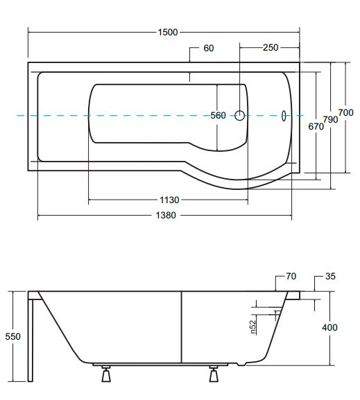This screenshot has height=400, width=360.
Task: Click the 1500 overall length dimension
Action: pyautogui.click(x=167, y=33)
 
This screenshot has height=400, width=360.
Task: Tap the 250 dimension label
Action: pyautogui.click(x=271, y=47)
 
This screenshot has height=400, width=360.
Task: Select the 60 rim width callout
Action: pyautogui.click(x=209, y=48)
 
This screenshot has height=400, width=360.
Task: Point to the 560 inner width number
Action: pyautogui.click(x=218, y=116)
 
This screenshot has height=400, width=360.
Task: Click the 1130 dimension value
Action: pyautogui.click(x=169, y=200)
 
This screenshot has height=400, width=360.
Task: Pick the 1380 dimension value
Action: pyautogui.click(x=166, y=216)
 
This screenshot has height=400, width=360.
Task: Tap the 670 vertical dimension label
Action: pyautogui.click(x=316, y=126)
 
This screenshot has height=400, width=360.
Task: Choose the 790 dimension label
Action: pyautogui.click(x=330, y=119)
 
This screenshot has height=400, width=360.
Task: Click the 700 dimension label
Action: pyautogui.click(x=345, y=112)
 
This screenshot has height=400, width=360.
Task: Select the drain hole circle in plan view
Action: pyautogui.click(x=239, y=116)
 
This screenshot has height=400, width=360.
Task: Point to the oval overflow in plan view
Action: pyautogui.click(x=284, y=116)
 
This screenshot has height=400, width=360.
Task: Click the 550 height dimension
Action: pyautogui.click(x=12, y=336)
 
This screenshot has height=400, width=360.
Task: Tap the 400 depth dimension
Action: pyautogui.click(x=329, y=327)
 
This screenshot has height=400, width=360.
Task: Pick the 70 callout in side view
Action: pyautogui.click(x=291, y=276)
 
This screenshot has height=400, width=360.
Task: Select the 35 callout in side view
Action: pyautogui.click(x=330, y=276)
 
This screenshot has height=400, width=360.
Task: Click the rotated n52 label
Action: pyautogui.click(x=252, y=327)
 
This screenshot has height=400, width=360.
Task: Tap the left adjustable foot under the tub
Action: pyautogui.click(x=106, y=374)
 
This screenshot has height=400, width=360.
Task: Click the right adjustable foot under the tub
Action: pyautogui.click(x=214, y=374)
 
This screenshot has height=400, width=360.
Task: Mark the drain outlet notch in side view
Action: pyautogui.click(x=241, y=364)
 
